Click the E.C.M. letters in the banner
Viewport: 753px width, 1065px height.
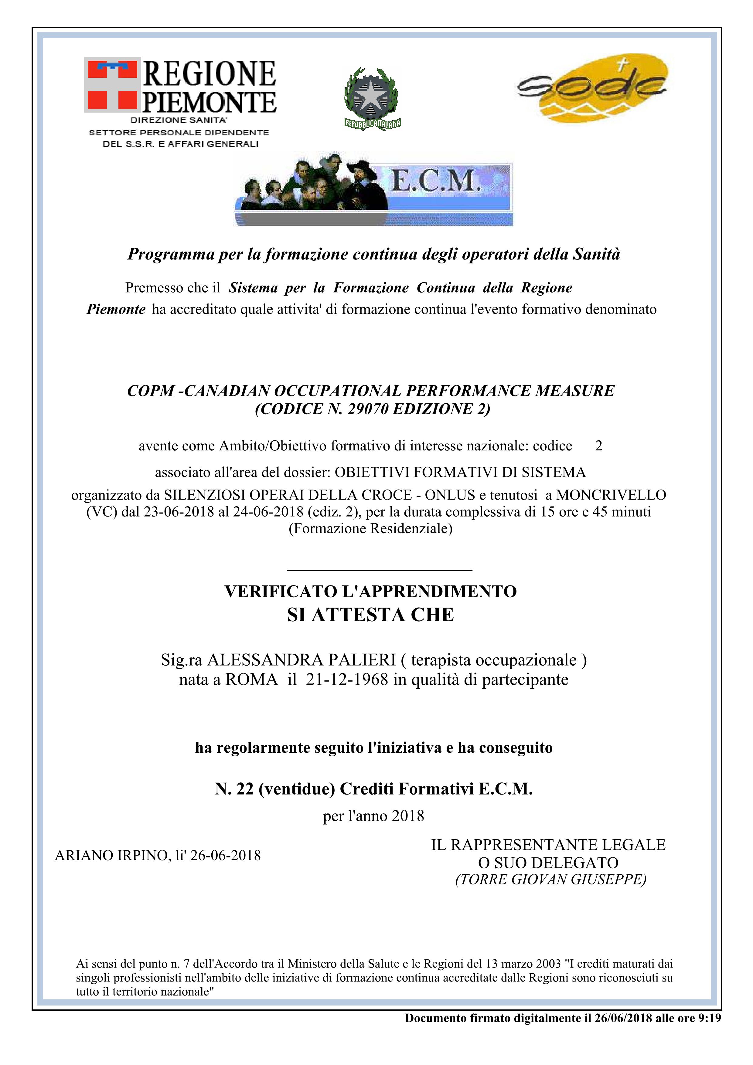point(435,181)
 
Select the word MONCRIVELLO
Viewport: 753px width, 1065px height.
point(611,495)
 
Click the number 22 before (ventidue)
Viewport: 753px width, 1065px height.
point(245,789)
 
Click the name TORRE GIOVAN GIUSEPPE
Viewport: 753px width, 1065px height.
point(551,880)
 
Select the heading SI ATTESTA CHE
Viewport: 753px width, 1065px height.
point(370,615)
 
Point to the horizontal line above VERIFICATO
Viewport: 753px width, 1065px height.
point(380,570)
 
